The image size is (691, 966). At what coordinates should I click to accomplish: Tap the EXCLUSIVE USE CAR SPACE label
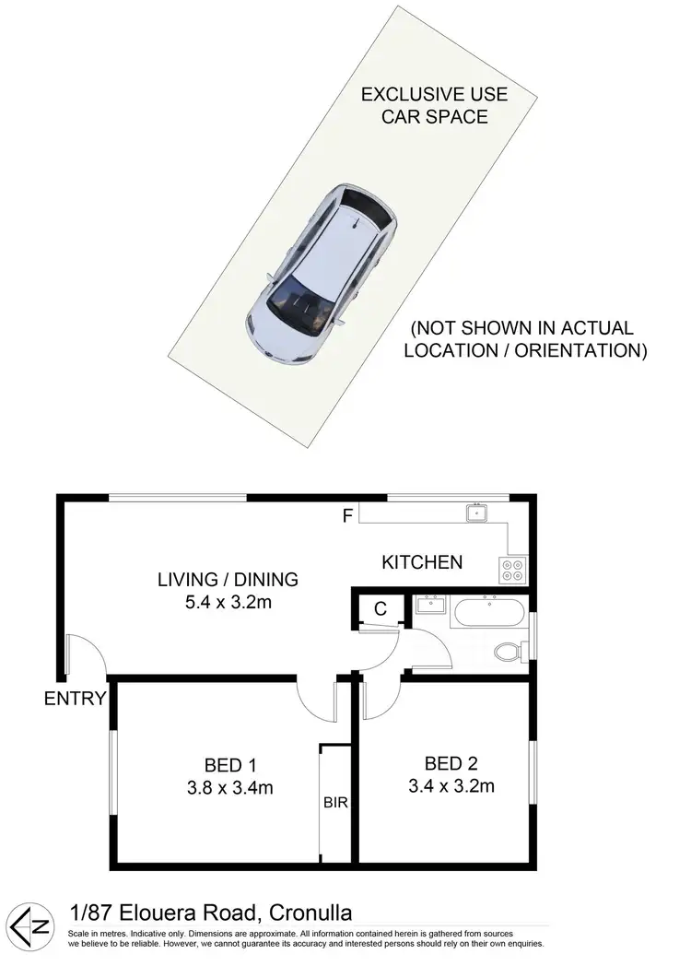424,106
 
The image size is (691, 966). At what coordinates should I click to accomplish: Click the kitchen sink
476,512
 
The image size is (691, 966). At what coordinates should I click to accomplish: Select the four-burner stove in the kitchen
511,571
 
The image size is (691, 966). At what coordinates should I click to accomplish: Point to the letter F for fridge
347,516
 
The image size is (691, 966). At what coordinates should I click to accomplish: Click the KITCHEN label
422,561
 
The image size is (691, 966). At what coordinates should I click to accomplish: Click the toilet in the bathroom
509,653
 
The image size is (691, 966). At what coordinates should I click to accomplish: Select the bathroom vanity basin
429,606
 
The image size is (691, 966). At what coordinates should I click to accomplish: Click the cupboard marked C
379,608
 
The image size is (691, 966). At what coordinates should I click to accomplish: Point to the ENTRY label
76,699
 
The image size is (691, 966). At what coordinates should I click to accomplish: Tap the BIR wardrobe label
335,803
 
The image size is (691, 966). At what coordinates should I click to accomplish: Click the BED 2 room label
451,763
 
